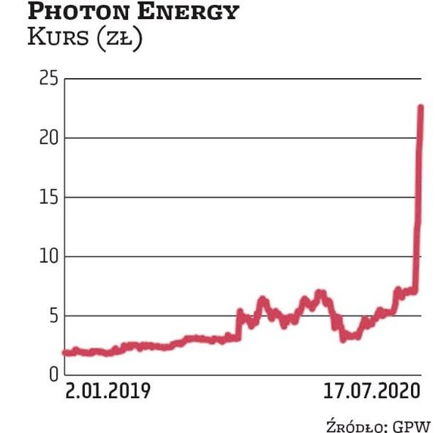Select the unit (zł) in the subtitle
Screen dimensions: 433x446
point(122,39)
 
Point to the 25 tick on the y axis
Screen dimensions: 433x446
point(48,78)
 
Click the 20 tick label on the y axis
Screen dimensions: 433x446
point(48,137)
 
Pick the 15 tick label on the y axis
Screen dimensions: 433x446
point(48,197)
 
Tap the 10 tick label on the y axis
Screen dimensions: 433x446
point(48,256)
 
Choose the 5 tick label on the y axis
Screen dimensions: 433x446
point(52,315)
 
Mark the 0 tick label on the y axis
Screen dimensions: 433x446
point(52,375)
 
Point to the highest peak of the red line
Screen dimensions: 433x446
point(420,107)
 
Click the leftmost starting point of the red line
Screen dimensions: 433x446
point(65,352)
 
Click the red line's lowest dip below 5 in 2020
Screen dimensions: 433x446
point(343,339)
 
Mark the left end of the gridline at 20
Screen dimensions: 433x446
point(64,137)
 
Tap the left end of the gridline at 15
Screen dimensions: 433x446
point(64,197)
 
